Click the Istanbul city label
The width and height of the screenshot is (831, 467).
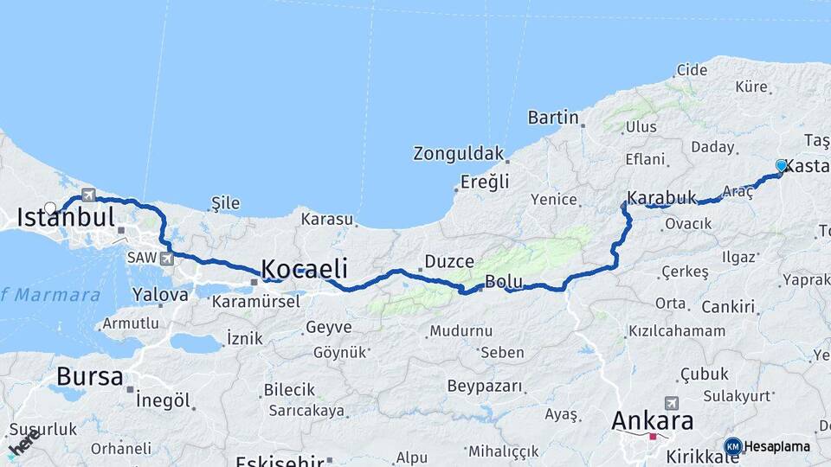66,217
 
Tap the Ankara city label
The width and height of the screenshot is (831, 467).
652,421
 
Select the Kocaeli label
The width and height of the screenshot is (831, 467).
304,268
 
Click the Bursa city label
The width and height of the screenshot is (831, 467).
90,376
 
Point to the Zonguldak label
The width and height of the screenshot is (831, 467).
458,154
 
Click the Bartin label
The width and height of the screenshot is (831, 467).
552,117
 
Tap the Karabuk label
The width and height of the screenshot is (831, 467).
662,198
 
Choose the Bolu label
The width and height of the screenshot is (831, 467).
502,281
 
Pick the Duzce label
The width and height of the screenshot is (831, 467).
449,261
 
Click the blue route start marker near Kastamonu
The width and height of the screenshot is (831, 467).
781,165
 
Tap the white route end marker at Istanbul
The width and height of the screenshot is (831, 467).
50,208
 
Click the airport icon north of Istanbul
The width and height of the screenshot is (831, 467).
88,195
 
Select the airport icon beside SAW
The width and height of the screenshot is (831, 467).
166,258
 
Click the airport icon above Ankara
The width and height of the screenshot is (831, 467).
671,403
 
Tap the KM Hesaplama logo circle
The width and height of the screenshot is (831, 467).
732,446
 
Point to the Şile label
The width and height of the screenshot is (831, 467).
225,203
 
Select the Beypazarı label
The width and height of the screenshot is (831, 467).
485,386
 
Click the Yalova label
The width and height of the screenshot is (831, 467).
160,294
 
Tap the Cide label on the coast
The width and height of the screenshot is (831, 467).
692,70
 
